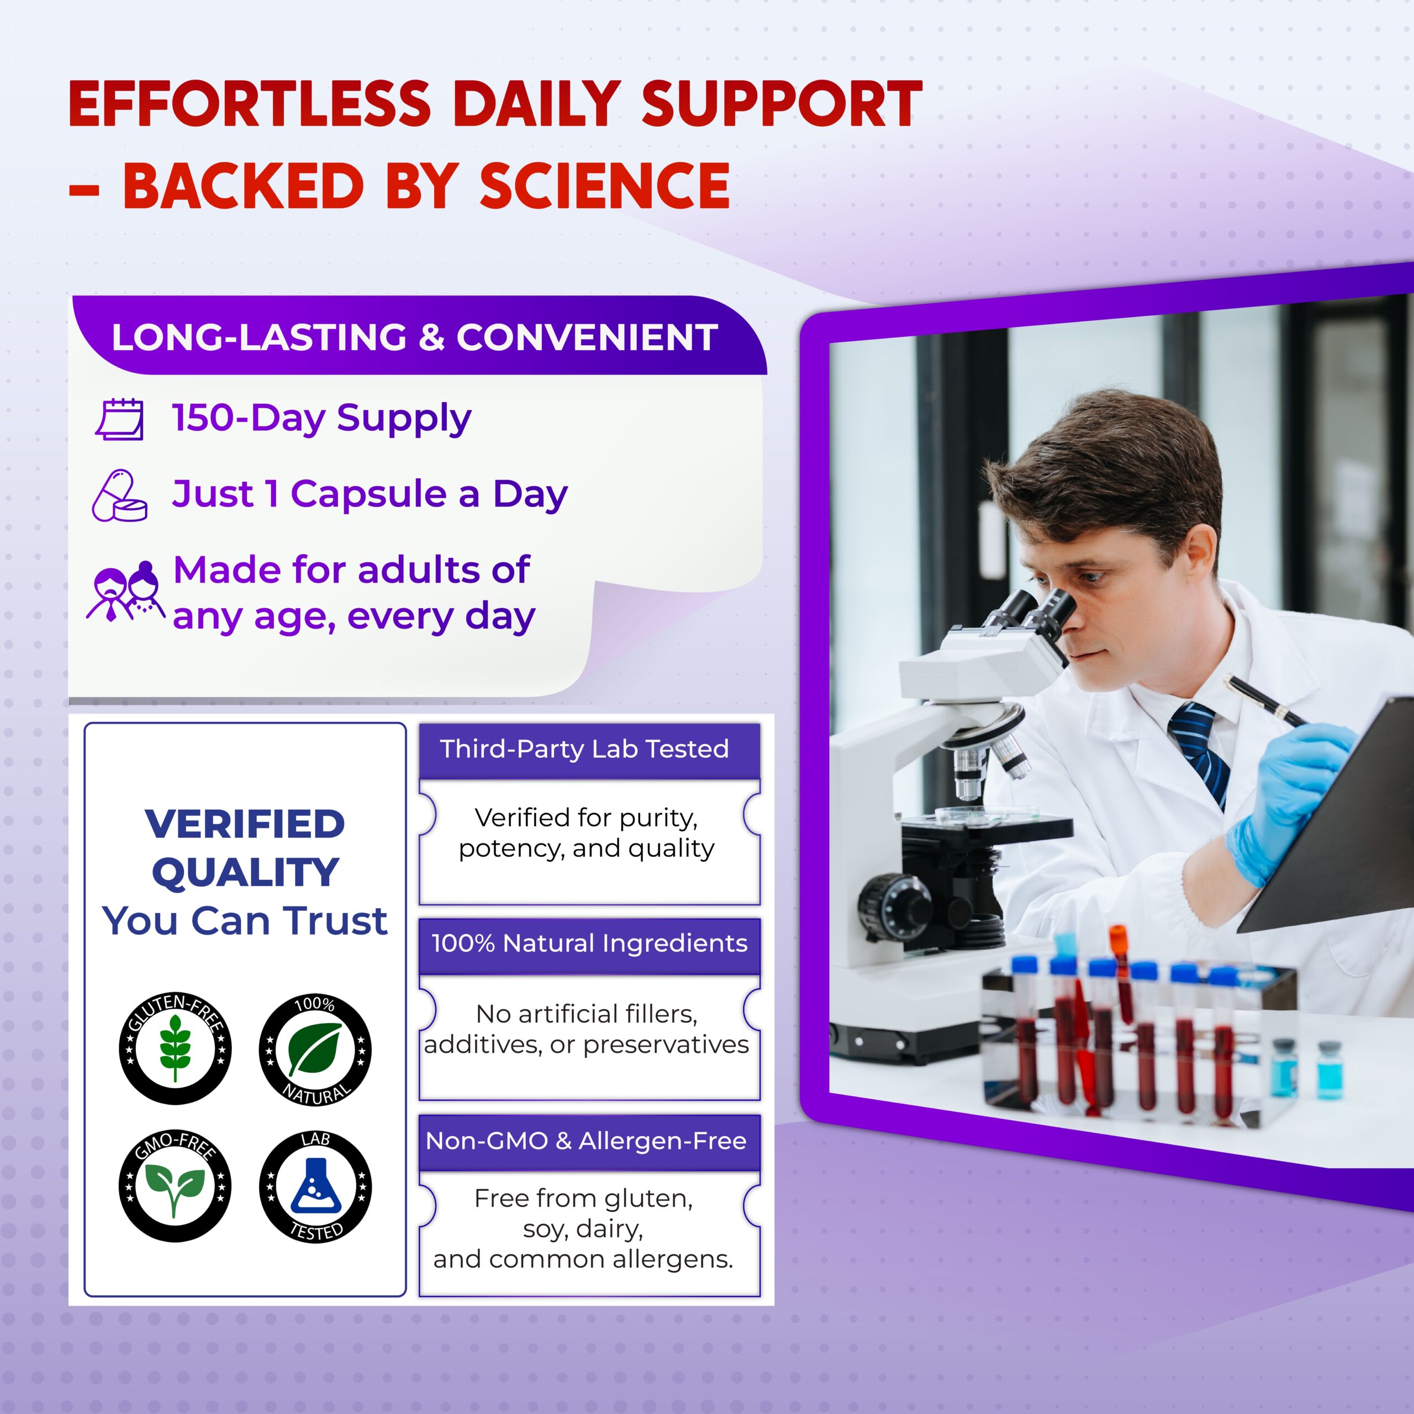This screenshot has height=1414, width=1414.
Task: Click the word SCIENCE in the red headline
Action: click(604, 186)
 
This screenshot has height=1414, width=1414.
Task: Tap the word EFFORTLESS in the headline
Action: click(250, 104)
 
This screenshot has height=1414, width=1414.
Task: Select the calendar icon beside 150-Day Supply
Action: click(120, 419)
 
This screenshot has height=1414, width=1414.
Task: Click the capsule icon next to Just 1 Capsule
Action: click(119, 495)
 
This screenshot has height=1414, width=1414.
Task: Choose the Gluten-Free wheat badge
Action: click(175, 1048)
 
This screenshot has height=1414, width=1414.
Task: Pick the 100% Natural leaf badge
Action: click(315, 1049)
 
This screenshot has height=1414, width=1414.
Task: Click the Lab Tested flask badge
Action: click(315, 1186)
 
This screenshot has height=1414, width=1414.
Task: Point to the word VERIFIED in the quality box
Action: click(245, 824)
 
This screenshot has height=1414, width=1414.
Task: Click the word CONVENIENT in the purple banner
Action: click(586, 338)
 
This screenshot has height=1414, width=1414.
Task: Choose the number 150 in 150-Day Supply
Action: click(203, 418)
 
